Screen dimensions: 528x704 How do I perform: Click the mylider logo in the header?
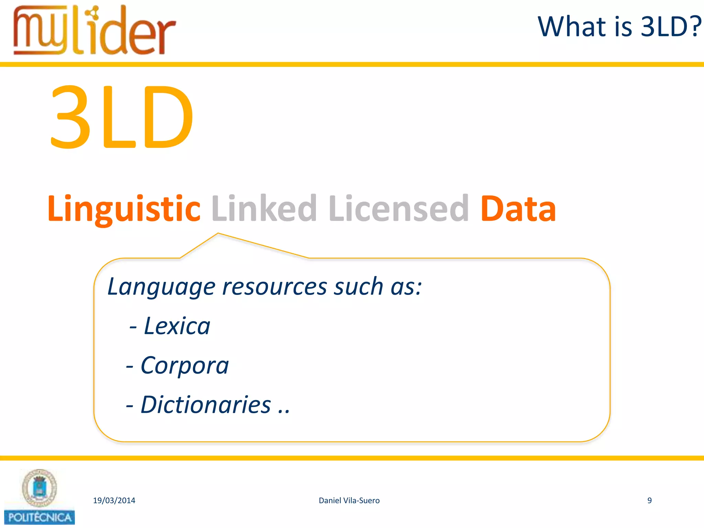pyautogui.click(x=95, y=31)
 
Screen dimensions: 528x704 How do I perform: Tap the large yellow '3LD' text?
pyautogui.click(x=122, y=117)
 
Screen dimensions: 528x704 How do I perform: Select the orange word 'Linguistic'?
pyautogui.click(x=124, y=208)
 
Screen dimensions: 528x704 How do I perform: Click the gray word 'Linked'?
pyautogui.click(x=264, y=208)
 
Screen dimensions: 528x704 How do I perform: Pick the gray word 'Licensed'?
pyautogui.click(x=399, y=208)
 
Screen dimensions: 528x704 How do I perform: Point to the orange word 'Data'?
pyautogui.click(x=518, y=208)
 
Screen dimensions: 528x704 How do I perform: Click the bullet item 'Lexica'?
pyautogui.click(x=177, y=326)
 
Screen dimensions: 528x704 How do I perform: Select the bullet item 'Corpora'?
pyautogui.click(x=185, y=365)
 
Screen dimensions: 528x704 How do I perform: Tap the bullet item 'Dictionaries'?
pyautogui.click(x=206, y=405)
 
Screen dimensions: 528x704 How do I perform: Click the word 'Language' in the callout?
pyautogui.click(x=161, y=287)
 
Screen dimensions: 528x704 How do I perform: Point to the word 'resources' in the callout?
pyautogui.click(x=274, y=287)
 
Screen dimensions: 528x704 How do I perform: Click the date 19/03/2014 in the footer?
pyautogui.click(x=114, y=500)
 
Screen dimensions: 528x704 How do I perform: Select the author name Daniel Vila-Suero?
pyautogui.click(x=349, y=500)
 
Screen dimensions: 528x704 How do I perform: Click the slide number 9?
pyautogui.click(x=649, y=500)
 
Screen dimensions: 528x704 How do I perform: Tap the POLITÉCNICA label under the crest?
pyautogui.click(x=40, y=517)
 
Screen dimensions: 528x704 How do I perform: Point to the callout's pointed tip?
pyautogui.click(x=218, y=234)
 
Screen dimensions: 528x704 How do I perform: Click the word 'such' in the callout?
pyautogui.click(x=359, y=287)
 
